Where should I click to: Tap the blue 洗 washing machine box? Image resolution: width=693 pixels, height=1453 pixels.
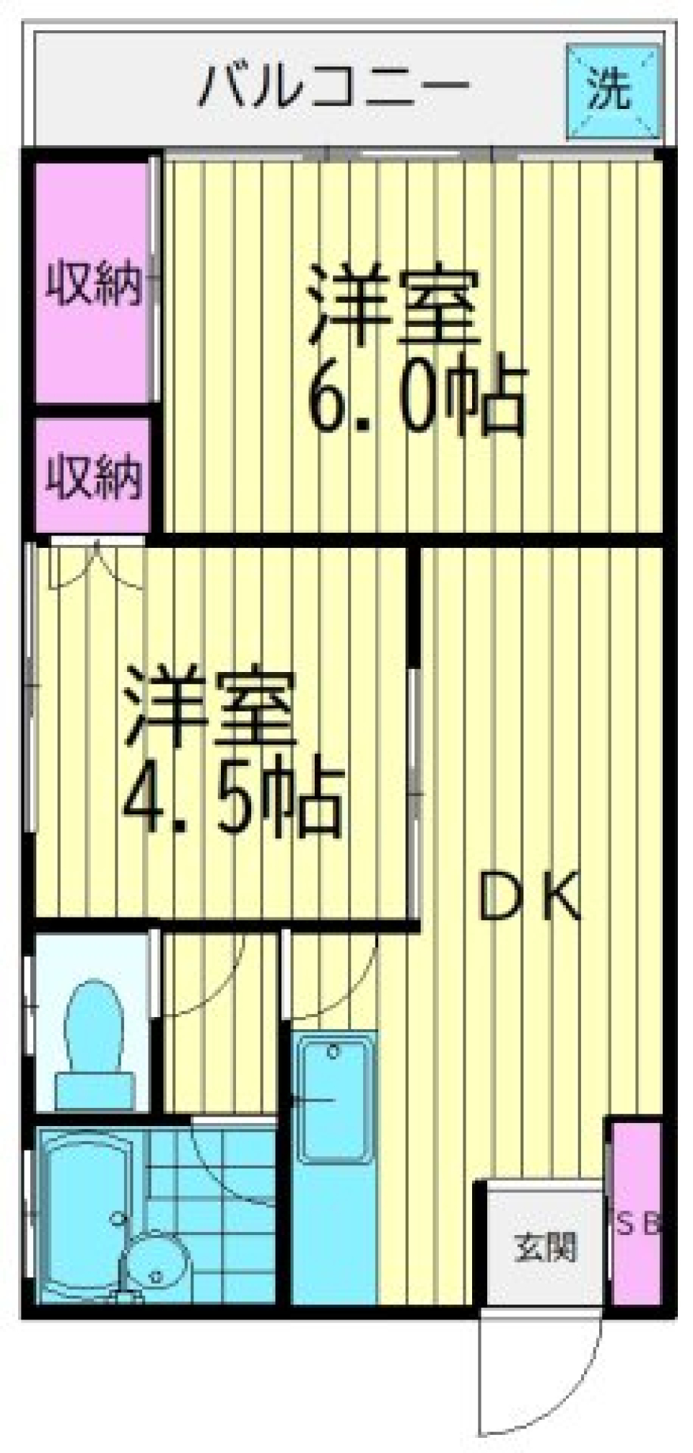(612, 91)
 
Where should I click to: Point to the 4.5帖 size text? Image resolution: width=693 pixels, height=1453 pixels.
(231, 800)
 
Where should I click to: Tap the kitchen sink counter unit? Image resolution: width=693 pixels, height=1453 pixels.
(334, 1162)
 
